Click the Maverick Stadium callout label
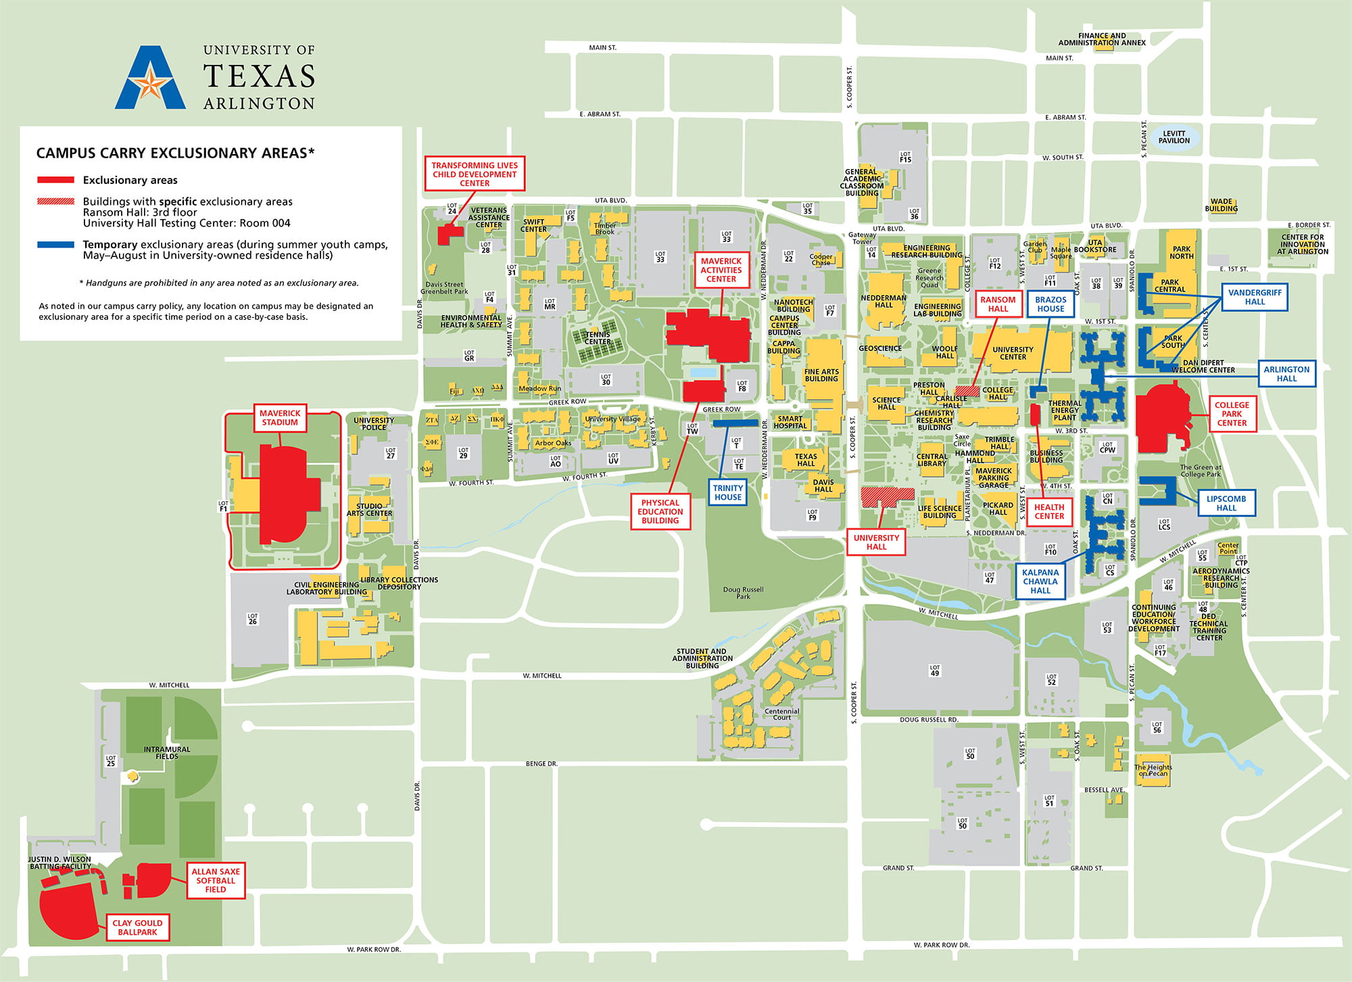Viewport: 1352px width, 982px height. click(x=280, y=418)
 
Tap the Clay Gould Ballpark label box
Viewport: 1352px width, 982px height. click(x=137, y=927)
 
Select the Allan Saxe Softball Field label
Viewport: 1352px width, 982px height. click(x=216, y=881)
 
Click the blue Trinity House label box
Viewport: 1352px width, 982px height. click(x=728, y=492)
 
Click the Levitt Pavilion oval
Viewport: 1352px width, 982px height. click(x=1174, y=137)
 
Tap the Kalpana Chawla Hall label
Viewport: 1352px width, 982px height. click(x=1040, y=581)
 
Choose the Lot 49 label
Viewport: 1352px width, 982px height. click(x=935, y=670)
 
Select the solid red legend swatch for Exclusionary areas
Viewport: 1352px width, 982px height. click(x=56, y=180)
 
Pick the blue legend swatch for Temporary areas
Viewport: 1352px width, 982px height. click(x=56, y=245)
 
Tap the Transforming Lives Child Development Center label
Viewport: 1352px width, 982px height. click(x=475, y=174)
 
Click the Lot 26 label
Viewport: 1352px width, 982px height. click(x=253, y=619)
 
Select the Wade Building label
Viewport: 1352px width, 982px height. click(x=1221, y=205)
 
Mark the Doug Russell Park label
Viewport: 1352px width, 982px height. click(x=743, y=593)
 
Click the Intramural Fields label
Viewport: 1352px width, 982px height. click(x=167, y=753)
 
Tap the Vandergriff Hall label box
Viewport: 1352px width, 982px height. click(x=1255, y=297)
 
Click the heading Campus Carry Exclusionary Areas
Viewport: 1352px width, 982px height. click(x=175, y=153)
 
